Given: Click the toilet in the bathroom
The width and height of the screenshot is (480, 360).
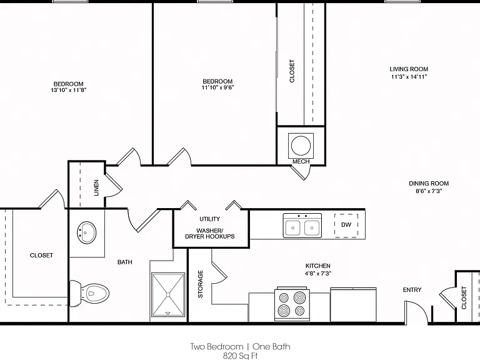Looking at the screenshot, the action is click(89, 293).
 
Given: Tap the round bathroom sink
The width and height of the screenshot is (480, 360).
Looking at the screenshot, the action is click(86, 232).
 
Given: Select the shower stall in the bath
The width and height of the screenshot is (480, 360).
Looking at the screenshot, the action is click(168, 295).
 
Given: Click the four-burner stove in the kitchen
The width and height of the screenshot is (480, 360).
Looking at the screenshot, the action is click(292, 303).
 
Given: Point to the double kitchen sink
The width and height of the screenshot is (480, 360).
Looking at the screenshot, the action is click(302, 226).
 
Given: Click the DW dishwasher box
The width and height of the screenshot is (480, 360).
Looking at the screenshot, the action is click(346, 225).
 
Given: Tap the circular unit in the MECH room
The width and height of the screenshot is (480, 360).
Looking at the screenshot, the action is click(301, 146).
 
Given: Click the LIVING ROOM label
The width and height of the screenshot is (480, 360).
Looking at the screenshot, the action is click(409, 69).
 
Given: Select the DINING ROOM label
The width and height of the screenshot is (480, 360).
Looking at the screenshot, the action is click(429, 184).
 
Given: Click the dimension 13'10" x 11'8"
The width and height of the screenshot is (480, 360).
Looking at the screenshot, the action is click(69, 90).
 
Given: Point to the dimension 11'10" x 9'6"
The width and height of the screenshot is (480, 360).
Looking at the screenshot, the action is click(217, 87).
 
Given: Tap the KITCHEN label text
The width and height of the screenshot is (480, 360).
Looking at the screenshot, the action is click(317, 266).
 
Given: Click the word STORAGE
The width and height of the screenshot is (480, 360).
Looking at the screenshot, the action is click(201, 284).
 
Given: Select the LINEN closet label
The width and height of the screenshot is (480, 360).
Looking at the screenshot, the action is click(96, 187).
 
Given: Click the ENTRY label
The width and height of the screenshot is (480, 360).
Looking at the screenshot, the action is click(412, 290).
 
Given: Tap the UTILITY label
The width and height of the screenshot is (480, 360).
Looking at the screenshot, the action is click(210, 219).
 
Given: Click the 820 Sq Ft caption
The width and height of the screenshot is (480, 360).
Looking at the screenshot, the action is click(240, 356).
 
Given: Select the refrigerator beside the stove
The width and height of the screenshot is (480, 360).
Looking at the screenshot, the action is click(353, 305).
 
